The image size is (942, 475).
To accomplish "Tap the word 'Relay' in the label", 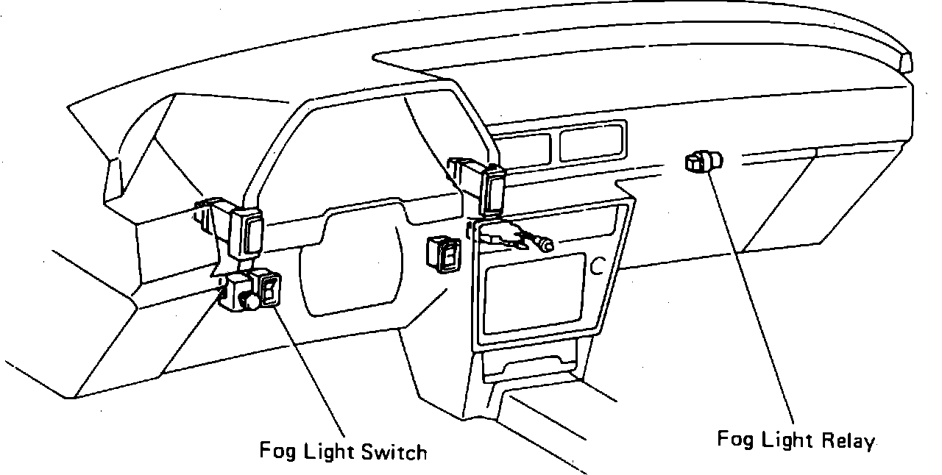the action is pos(848,440).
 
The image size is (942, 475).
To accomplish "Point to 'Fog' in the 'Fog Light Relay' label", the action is pos(734,439).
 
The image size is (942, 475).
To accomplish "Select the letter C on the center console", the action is pos(597,266).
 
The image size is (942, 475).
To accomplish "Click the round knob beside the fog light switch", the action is pos(249,300).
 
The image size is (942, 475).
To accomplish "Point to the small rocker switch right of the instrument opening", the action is pos(444,253).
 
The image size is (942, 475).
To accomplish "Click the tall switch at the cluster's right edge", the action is pos(492,190).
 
